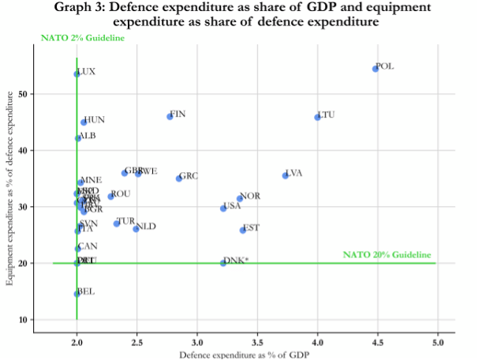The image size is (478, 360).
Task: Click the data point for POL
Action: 375,69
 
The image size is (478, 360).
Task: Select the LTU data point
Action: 317,117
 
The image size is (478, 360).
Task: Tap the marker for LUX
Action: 77,73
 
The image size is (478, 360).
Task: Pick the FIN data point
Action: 170,117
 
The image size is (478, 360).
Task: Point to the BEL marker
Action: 77,294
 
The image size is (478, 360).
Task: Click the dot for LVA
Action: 286,175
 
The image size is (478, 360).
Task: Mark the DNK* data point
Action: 223,263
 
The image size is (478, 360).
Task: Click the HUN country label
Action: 95,120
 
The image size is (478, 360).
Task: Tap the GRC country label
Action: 189,176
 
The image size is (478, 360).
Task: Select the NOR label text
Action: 250,196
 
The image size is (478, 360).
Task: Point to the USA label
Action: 232,206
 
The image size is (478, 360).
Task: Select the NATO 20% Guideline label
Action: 387,254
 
